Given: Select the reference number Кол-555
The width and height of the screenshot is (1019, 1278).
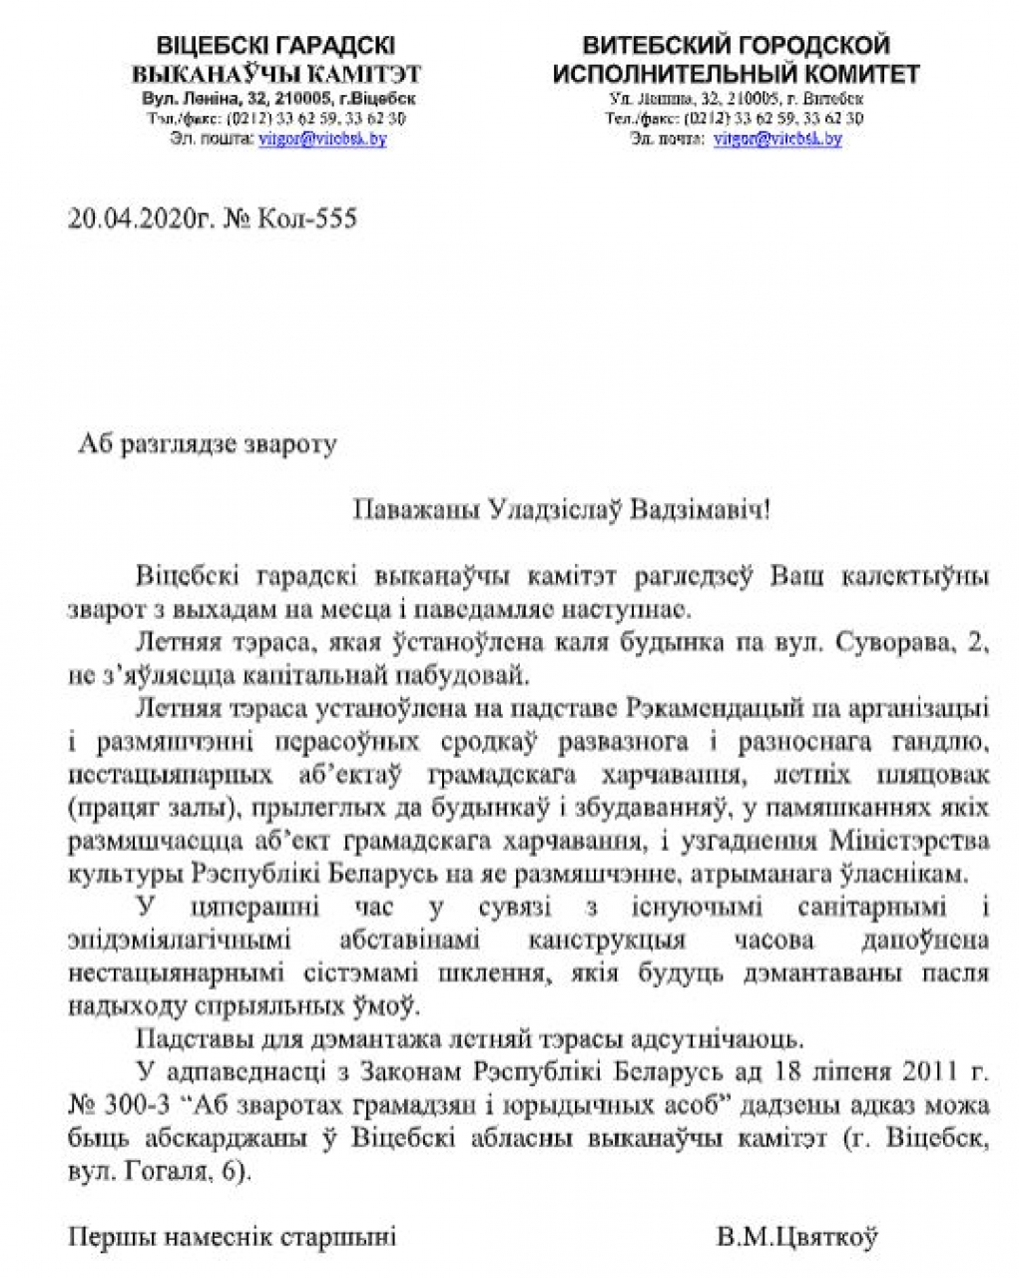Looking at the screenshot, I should [x=303, y=218].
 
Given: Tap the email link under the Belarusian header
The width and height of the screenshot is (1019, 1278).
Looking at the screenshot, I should [x=322, y=139].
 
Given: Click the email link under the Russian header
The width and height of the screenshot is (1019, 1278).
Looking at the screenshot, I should [x=776, y=139].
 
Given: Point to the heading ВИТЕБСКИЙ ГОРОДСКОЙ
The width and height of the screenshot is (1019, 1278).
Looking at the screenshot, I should [x=736, y=46].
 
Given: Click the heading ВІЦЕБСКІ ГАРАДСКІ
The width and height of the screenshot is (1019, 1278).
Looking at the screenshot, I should [x=275, y=46].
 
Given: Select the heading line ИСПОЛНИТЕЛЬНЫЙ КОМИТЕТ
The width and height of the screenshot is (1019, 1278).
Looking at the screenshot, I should [x=736, y=74].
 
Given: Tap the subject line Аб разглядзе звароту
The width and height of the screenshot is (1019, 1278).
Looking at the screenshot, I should [x=208, y=443].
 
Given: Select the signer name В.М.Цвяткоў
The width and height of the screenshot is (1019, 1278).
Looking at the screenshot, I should [x=797, y=1238].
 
